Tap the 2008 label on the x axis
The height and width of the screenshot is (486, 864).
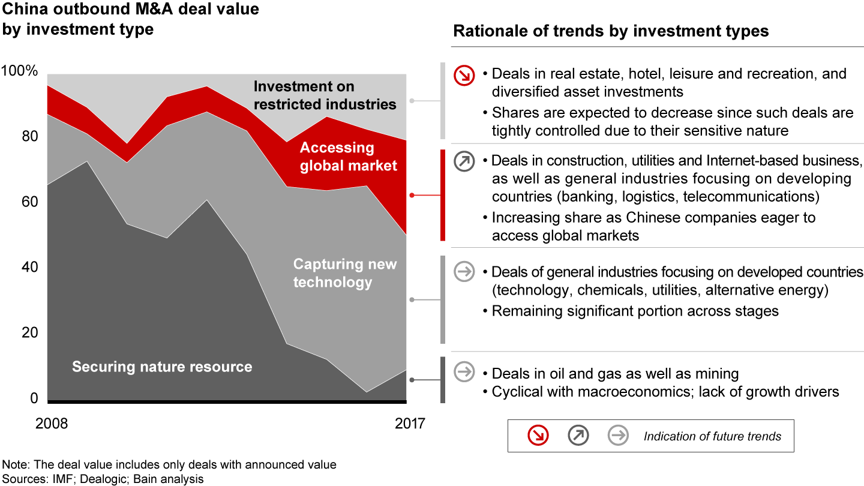click(52, 423)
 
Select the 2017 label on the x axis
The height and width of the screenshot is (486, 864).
click(410, 423)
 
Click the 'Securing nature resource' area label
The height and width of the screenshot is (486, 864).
click(162, 367)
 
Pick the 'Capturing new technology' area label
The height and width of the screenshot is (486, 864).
click(344, 273)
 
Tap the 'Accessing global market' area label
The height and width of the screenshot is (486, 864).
click(348, 156)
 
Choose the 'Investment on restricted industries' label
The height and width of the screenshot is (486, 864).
click(325, 95)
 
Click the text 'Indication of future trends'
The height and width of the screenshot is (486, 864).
click(712, 436)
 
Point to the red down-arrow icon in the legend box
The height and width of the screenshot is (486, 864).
click(538, 436)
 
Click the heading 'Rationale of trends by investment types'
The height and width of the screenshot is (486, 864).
click(611, 31)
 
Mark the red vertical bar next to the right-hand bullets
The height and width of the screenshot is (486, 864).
click(443, 195)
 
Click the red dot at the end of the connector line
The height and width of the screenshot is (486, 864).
click(412, 195)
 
